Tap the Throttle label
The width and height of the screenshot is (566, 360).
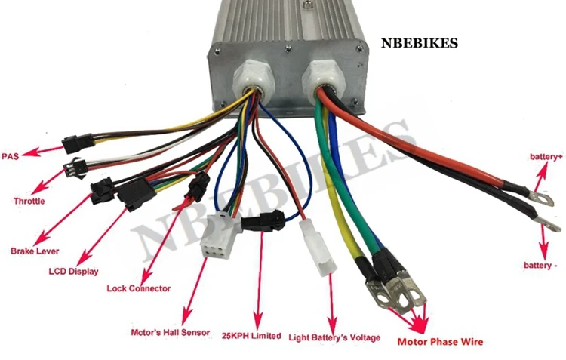29,202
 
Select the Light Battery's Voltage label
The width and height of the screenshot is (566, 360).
334,337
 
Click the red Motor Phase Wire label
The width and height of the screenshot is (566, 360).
439,342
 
